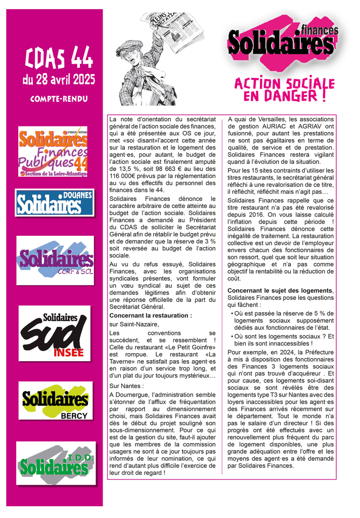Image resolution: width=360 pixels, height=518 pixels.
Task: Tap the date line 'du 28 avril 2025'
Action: pos(59,79)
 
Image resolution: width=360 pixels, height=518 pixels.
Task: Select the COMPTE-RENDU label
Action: pos(59,99)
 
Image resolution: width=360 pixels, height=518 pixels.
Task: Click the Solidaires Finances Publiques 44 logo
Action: pos(53,151)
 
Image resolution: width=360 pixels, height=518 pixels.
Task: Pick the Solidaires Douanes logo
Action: pos(55,202)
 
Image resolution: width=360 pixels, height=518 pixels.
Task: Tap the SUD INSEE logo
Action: pos(55,333)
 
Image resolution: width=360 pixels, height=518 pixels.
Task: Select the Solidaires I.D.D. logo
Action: pos(55,464)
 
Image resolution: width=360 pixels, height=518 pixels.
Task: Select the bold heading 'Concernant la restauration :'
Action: pos(151,316)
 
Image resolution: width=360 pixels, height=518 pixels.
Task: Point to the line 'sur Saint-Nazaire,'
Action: pos(134,324)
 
